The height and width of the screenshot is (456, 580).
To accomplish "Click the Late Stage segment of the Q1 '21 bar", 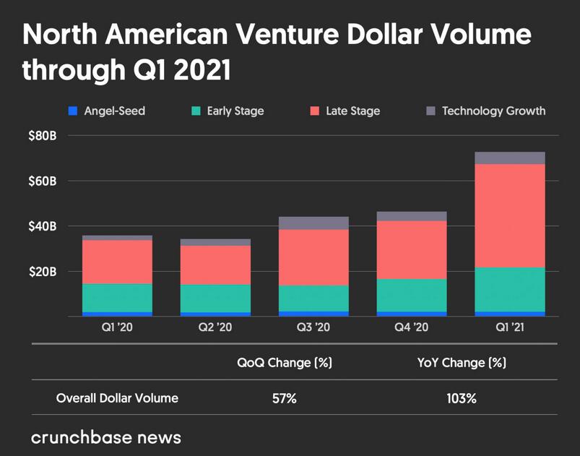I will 510,215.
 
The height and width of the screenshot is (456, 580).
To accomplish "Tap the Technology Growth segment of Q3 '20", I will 313,223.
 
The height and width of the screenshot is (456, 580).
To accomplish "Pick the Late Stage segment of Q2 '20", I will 215,264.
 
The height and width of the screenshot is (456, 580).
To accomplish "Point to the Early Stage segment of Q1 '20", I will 117,297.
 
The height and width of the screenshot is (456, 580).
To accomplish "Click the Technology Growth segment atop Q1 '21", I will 510,158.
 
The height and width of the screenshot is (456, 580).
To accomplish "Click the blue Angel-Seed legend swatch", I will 72,111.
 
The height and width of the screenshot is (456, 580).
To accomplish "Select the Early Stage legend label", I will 235,111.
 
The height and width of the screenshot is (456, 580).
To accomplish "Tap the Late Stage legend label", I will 354,111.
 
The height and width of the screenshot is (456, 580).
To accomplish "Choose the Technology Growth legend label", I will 493,111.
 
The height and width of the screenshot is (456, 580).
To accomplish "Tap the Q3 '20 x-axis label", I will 313,327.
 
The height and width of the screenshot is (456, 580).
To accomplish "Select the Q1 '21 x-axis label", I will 510,327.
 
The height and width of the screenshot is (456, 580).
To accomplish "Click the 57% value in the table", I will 285,398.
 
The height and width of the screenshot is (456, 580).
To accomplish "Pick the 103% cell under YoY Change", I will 462,398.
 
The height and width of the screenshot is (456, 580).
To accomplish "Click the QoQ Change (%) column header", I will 285,363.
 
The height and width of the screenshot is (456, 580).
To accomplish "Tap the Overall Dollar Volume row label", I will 117,398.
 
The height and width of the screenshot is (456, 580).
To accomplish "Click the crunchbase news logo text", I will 106,437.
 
